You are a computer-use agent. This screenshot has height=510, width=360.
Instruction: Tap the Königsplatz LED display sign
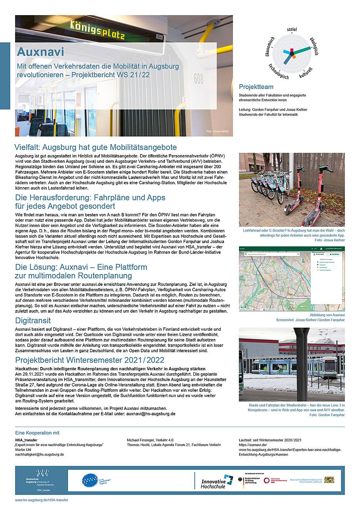tap(91, 31)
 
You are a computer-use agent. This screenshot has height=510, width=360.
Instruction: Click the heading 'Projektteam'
tap(256, 87)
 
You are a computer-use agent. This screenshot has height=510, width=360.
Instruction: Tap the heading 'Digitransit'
tap(33, 320)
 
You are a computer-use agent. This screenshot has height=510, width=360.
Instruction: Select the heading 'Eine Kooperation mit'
tap(37, 433)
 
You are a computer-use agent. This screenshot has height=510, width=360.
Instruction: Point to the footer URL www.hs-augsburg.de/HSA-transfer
tap(41, 500)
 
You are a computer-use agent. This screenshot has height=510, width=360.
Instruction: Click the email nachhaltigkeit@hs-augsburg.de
tap(40, 454)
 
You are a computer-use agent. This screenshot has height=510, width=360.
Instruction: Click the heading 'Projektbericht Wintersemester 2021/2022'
tap(90, 360)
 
